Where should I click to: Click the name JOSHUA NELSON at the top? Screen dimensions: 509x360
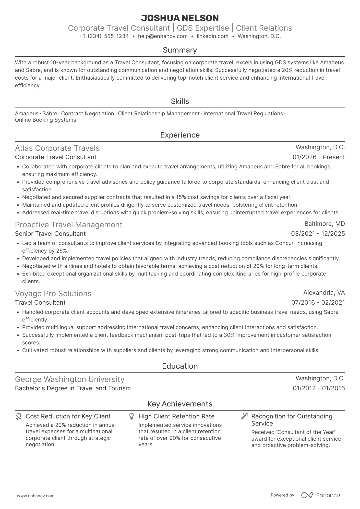(x=180, y=18)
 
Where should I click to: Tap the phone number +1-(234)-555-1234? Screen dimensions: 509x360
(x=104, y=36)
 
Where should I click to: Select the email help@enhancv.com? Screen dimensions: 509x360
(x=163, y=36)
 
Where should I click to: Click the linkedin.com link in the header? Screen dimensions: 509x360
(x=212, y=36)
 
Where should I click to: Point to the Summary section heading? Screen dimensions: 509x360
(x=180, y=50)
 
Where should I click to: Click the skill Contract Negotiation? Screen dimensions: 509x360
(x=87, y=114)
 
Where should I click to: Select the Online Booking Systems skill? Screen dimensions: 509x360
(x=45, y=120)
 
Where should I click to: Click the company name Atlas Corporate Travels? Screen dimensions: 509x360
(x=57, y=148)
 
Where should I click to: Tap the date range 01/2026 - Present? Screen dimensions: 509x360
(x=319, y=157)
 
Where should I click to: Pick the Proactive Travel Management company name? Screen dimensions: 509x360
(x=69, y=225)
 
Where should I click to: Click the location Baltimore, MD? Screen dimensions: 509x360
(x=325, y=224)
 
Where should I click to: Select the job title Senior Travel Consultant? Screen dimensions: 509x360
(x=50, y=234)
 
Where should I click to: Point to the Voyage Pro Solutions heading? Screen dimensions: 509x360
(x=53, y=294)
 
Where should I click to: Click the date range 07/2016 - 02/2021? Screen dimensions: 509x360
(x=318, y=303)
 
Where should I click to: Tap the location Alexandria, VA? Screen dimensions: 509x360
(x=324, y=293)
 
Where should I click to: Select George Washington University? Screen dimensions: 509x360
(x=69, y=379)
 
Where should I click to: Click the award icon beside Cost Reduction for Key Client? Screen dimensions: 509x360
(x=19, y=417)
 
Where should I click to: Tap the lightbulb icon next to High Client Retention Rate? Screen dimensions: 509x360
(x=131, y=417)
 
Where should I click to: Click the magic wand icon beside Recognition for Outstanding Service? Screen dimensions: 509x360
(x=244, y=416)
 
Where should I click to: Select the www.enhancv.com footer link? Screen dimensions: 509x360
(x=35, y=496)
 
